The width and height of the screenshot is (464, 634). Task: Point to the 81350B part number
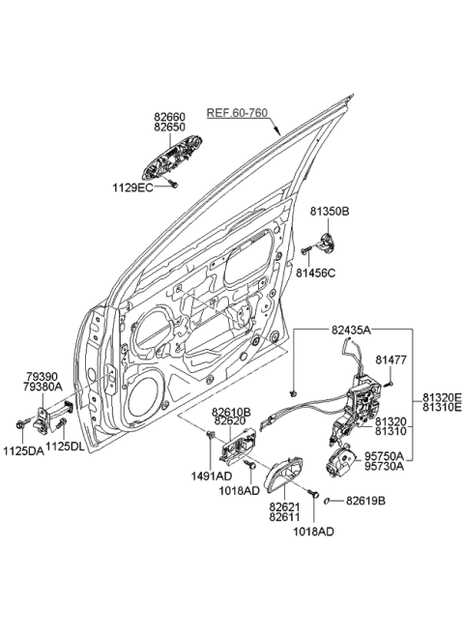330,210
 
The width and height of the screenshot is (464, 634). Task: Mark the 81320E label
442,396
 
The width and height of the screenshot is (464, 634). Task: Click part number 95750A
387,456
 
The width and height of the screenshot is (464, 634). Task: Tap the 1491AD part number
211,475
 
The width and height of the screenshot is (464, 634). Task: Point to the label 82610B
232,412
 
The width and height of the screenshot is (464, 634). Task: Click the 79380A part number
44,385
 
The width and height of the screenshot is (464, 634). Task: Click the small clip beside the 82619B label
330,500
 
